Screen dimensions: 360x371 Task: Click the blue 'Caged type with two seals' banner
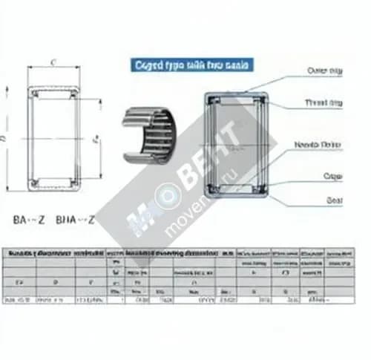(x=191, y=66)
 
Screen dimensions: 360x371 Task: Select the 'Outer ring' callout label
(x=324, y=71)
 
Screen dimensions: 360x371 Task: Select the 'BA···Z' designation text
(x=29, y=220)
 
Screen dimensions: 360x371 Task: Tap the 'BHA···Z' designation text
(x=76, y=220)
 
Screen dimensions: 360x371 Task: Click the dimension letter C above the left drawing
(x=53, y=63)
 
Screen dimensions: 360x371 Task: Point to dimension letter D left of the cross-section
(x=5, y=138)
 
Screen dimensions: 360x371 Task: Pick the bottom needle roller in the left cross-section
(x=53, y=180)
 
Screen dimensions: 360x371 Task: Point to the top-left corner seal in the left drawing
(x=33, y=93)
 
